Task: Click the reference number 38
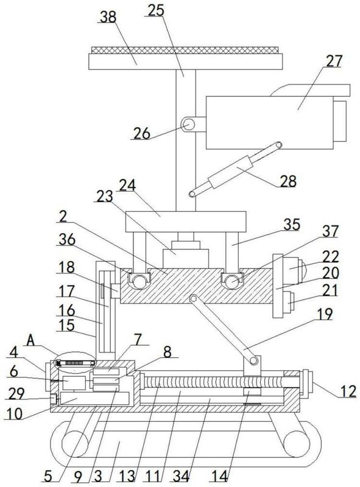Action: coord(108,17)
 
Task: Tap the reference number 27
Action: coord(334,61)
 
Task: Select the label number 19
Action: coord(325,314)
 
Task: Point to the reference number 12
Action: coord(348,391)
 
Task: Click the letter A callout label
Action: coord(30,340)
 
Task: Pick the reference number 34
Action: coord(181,476)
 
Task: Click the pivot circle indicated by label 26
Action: coord(188,125)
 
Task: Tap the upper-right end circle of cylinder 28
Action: coord(278,145)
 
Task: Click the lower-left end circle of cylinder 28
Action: coord(192,194)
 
